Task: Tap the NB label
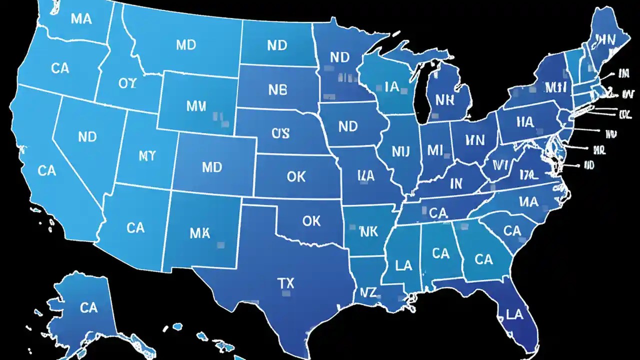tap(277, 90)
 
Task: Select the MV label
tap(195, 106)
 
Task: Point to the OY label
tap(127, 83)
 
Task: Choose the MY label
tap(147, 156)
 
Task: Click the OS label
tap(280, 133)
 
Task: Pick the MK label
tap(200, 232)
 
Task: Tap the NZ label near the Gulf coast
tap(367, 291)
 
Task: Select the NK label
tap(368, 231)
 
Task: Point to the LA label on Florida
tap(514, 314)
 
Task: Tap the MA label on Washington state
tap(81, 19)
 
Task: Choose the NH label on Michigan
tap(444, 99)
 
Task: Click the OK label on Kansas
tap(296, 176)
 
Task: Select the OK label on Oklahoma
tap(311, 220)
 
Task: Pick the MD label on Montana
tap(186, 45)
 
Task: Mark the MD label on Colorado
tap(211, 167)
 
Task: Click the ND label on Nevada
tap(87, 136)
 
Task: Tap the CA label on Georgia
tap(483, 259)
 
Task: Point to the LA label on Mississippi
tap(403, 265)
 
